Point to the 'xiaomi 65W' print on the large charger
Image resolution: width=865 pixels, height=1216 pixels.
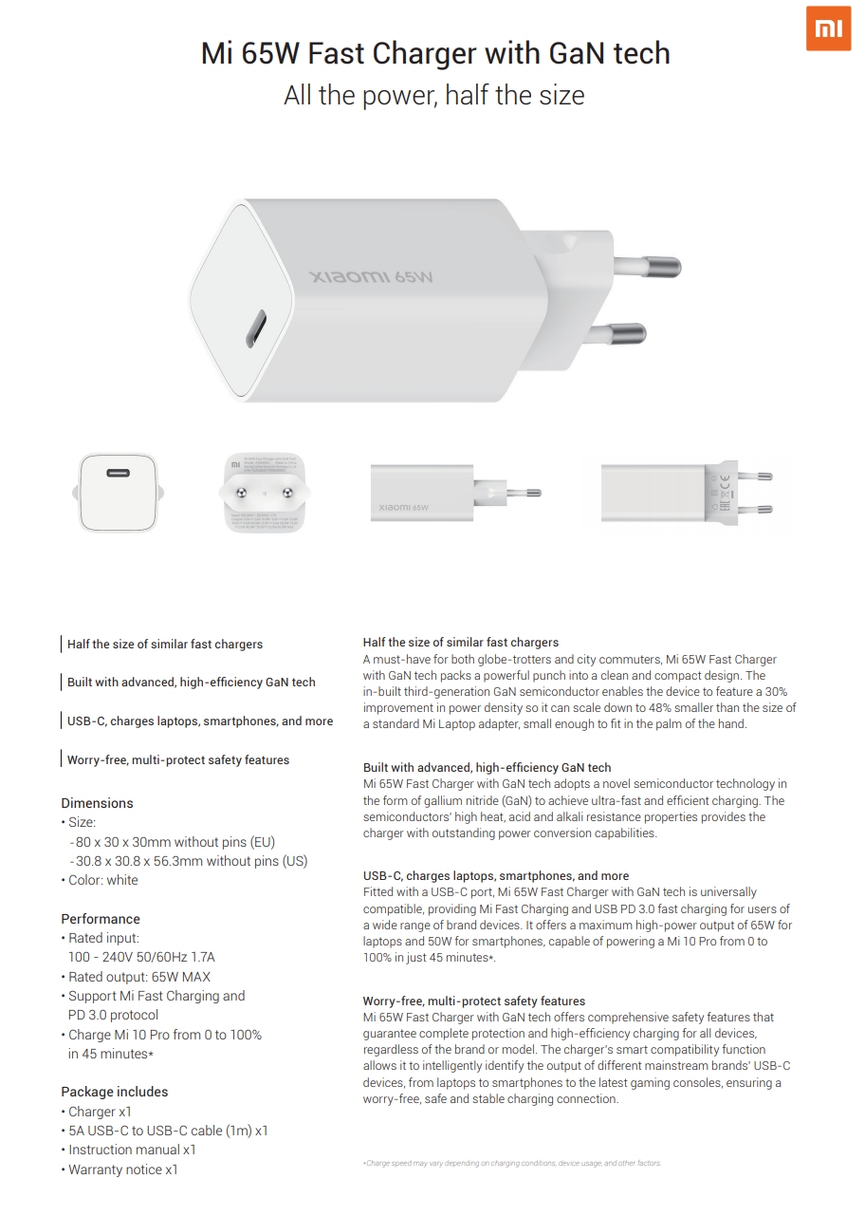coord(372,277)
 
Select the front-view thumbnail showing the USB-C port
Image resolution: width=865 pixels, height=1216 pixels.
coord(117,492)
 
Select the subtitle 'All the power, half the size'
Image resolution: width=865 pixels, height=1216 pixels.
coord(434,95)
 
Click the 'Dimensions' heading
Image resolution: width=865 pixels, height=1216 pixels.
coord(97,803)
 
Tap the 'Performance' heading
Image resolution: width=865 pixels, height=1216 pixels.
coord(101,919)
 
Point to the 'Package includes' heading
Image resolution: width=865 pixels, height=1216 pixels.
coord(114,1092)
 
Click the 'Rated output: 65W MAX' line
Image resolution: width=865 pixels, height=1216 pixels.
coord(138,977)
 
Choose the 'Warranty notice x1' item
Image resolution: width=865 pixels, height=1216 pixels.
coord(122,1169)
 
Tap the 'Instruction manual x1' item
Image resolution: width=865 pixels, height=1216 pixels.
coord(132,1150)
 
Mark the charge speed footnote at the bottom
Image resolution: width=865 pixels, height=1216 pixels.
coord(512,1163)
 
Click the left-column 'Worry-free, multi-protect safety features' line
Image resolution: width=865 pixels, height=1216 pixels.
coord(178,759)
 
